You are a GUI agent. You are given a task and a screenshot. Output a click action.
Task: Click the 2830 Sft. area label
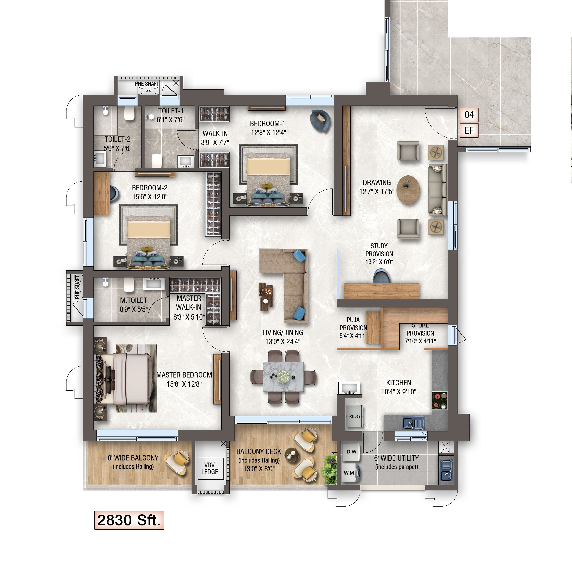(129, 520)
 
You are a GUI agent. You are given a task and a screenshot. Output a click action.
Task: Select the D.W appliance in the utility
(351, 452)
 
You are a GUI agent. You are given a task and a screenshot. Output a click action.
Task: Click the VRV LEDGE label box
(210, 469)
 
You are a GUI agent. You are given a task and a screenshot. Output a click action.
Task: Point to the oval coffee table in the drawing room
(408, 190)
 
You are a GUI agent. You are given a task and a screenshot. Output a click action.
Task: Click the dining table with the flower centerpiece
(283, 377)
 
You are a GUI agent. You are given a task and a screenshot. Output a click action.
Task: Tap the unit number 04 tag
(469, 115)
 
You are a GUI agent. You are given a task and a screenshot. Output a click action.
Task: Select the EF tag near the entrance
(469, 130)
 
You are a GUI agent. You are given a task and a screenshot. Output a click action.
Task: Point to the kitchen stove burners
(440, 401)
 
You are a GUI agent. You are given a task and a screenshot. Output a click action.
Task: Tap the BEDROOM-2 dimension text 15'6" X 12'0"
(150, 197)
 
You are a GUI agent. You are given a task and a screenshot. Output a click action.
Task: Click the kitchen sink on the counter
(413, 423)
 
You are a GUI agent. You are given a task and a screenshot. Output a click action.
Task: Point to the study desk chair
(381, 276)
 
